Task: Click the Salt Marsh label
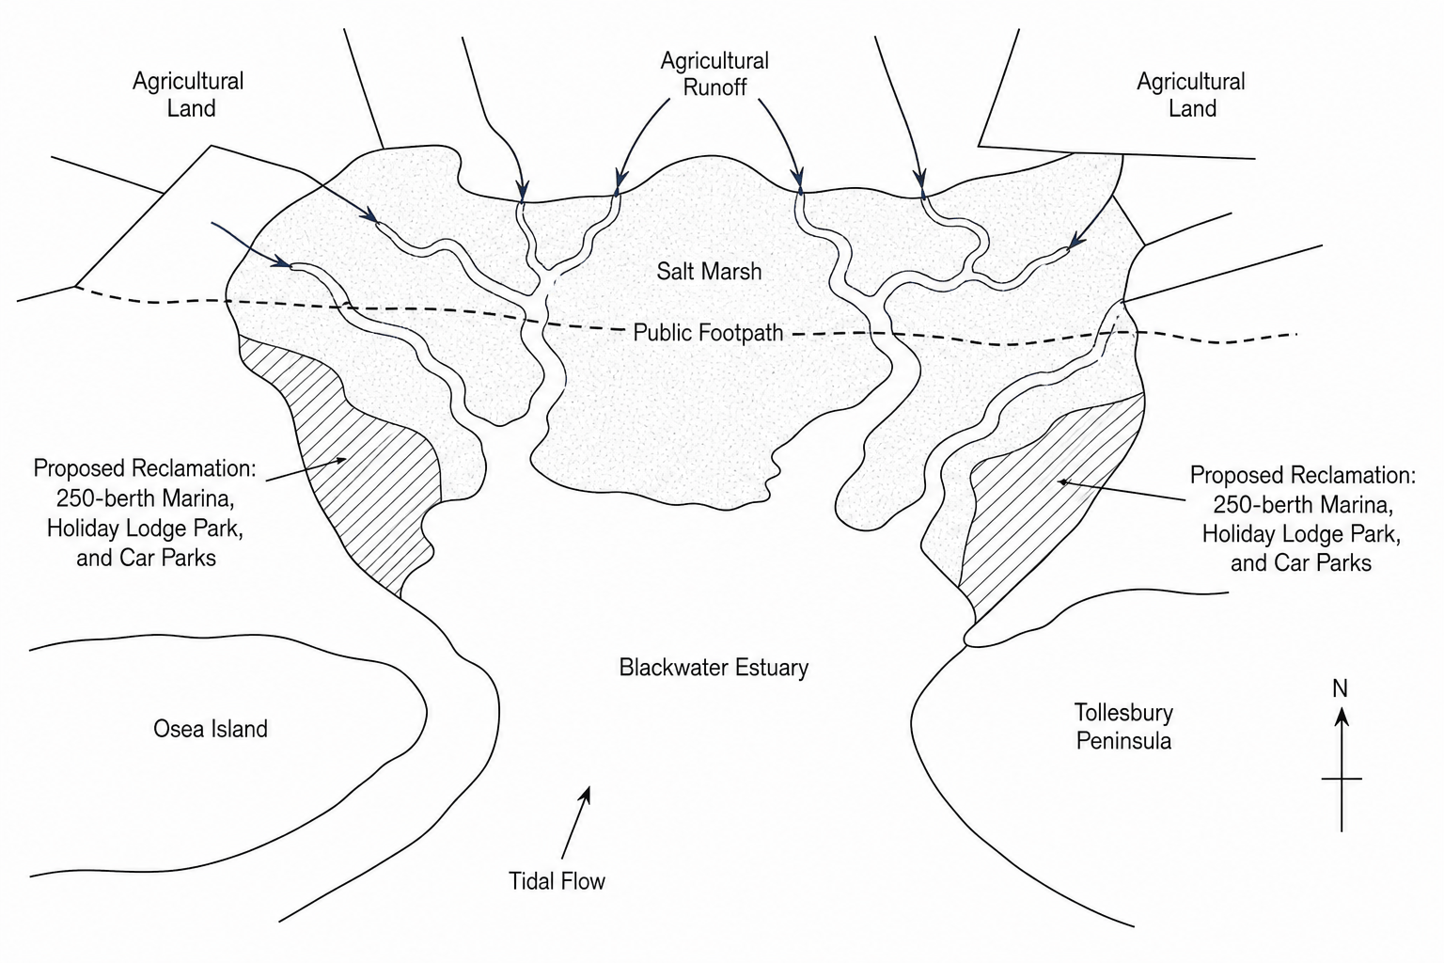pyautogui.click(x=709, y=272)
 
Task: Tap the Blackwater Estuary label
pyautogui.click(x=714, y=667)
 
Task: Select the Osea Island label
pyautogui.click(x=211, y=729)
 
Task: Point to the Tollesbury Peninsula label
pyautogui.click(x=1123, y=726)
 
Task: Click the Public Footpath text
pyautogui.click(x=708, y=333)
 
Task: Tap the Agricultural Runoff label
pyautogui.click(x=714, y=73)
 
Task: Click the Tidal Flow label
pyautogui.click(x=557, y=881)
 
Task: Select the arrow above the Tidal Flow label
pyautogui.click(x=575, y=822)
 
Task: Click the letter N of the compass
pyautogui.click(x=1341, y=689)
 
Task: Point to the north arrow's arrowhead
pyautogui.click(x=1342, y=716)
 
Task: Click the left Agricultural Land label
pyautogui.click(x=188, y=94)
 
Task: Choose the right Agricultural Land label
pyautogui.click(x=1191, y=94)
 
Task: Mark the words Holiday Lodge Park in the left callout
pyautogui.click(x=145, y=529)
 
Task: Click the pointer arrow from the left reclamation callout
pyautogui.click(x=306, y=469)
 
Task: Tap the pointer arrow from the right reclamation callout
pyautogui.click(x=1121, y=490)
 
